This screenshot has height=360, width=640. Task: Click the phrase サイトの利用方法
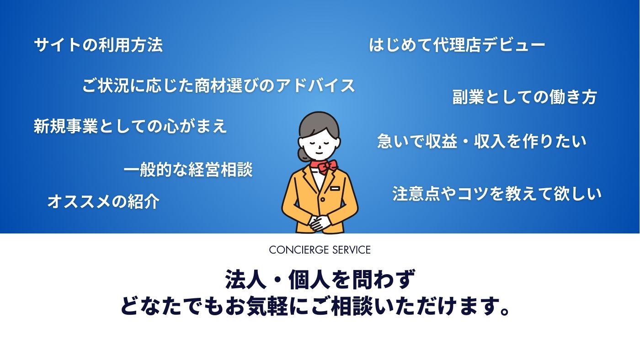98,45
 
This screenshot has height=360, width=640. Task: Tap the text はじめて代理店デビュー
457,45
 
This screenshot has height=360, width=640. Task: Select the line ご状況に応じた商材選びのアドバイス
219,85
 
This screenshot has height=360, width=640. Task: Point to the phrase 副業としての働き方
525,97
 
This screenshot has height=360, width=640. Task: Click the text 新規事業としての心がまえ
130,126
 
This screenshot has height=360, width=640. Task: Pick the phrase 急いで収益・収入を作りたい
482,141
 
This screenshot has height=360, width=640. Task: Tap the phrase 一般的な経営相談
188,169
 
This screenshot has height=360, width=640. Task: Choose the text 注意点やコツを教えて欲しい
497,194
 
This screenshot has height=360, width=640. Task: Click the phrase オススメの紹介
103,201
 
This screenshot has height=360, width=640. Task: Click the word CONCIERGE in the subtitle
299,250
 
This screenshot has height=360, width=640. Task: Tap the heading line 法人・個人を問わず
320,279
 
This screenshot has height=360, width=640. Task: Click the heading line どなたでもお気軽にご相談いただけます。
315,306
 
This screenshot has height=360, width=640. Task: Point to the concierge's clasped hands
320,222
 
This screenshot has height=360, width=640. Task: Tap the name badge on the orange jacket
335,188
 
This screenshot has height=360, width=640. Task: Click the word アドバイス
316,85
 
